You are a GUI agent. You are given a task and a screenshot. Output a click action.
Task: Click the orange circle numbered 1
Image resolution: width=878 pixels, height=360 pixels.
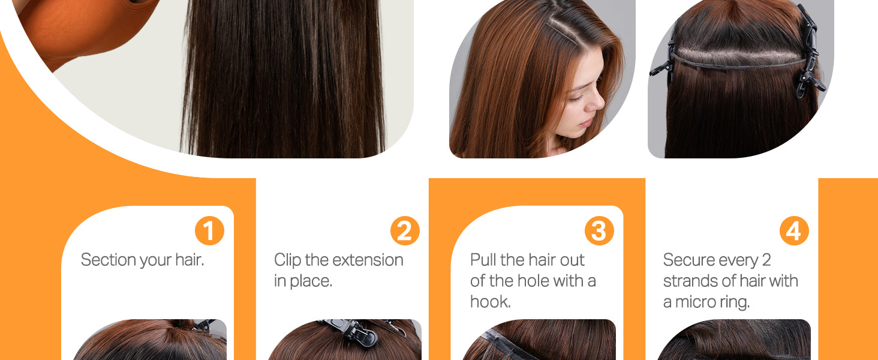[x=209, y=230]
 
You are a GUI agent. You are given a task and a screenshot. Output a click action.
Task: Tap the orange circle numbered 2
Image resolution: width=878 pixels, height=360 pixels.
[x=404, y=230]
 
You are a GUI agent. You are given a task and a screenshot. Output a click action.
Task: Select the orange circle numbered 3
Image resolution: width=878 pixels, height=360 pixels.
[x=599, y=230]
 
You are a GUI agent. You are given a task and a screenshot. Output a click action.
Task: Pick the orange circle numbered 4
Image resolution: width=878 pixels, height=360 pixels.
[x=794, y=230]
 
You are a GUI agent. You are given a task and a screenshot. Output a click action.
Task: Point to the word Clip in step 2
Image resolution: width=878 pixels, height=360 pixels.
[x=287, y=260]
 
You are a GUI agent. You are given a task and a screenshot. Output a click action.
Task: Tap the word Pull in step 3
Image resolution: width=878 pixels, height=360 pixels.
[x=483, y=260]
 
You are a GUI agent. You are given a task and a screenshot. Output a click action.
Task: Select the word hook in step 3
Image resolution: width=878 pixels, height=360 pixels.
[x=490, y=302]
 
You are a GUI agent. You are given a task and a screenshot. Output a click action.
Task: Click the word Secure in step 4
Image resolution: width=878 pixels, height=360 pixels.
[x=685, y=260]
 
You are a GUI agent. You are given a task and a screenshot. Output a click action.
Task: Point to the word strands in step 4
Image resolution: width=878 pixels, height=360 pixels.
[x=688, y=281]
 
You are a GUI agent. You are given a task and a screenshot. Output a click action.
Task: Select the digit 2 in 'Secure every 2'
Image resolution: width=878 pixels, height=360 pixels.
[x=766, y=260]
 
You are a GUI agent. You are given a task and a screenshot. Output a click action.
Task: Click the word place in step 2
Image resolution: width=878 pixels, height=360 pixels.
[x=311, y=281]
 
